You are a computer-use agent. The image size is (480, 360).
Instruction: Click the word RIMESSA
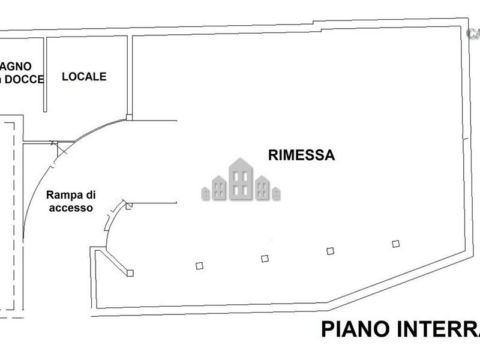click(x=301, y=155)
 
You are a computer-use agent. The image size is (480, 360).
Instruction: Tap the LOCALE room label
click(x=85, y=77)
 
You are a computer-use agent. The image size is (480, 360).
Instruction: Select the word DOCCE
click(x=25, y=79)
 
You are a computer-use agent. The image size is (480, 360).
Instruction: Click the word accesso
click(x=71, y=208)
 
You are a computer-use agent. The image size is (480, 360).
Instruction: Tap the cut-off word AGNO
click(x=16, y=65)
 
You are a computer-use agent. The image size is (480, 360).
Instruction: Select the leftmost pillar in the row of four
click(x=199, y=265)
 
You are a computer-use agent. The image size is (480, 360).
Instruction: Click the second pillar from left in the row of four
click(x=265, y=259)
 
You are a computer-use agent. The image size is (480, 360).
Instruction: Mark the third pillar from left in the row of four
click(x=330, y=251)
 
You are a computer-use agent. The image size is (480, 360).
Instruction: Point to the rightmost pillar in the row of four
click(x=395, y=243)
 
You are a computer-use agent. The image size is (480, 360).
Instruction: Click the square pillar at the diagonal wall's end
click(x=130, y=273)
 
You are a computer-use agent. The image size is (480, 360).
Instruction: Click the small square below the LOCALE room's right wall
click(x=129, y=118)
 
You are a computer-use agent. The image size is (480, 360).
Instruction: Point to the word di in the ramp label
click(x=89, y=194)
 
